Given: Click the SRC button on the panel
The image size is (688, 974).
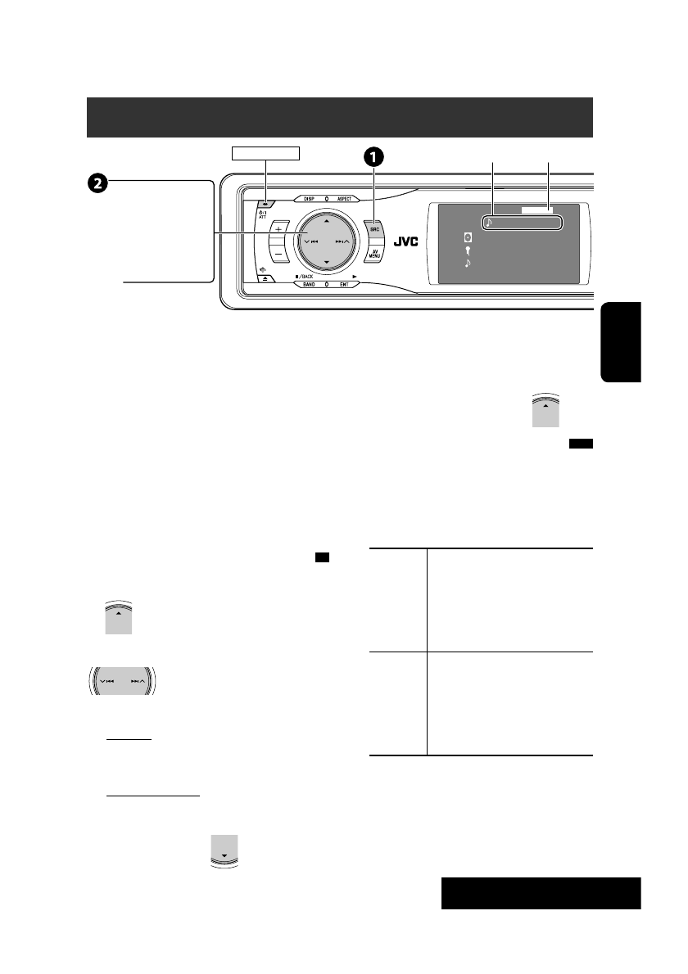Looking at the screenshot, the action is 374,231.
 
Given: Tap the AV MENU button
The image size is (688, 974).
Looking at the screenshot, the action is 374,259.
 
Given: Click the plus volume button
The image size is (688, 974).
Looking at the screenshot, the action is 278,228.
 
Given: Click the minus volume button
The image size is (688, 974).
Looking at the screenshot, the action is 278,255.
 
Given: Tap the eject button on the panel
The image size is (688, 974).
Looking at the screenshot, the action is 268,279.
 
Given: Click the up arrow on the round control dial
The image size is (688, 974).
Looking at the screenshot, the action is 326,221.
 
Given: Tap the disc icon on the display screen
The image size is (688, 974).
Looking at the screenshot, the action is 467,237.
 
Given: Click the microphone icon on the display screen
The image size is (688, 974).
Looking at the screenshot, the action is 467,251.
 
